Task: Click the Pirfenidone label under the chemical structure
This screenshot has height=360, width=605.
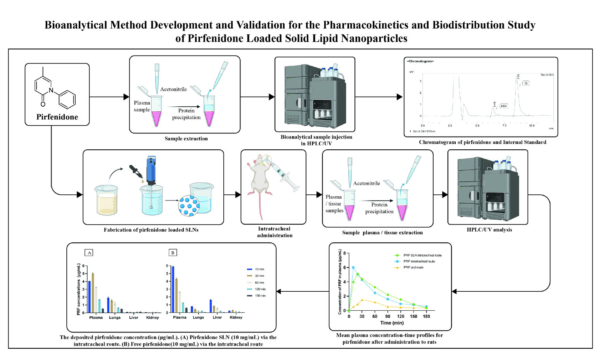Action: click(x=57, y=117)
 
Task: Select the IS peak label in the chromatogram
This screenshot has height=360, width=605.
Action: click(x=525, y=83)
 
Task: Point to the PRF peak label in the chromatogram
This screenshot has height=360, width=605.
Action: click(x=503, y=106)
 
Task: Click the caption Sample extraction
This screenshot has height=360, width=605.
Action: click(x=186, y=138)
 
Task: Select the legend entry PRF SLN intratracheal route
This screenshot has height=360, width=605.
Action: click(x=422, y=255)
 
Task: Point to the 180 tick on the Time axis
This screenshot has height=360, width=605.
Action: click(x=427, y=316)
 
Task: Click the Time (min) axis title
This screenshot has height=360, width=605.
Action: click(x=392, y=323)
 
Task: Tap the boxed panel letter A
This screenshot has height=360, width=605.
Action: click(x=90, y=253)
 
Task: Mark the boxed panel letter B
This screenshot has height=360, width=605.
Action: click(x=173, y=253)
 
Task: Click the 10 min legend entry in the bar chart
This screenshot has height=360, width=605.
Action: click(x=259, y=269)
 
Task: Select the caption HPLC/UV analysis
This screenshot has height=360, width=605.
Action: click(x=489, y=230)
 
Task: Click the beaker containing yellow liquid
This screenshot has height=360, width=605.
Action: click(x=106, y=200)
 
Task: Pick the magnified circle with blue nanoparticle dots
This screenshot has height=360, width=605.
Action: click(x=189, y=205)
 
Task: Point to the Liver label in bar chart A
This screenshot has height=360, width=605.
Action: click(x=134, y=317)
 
